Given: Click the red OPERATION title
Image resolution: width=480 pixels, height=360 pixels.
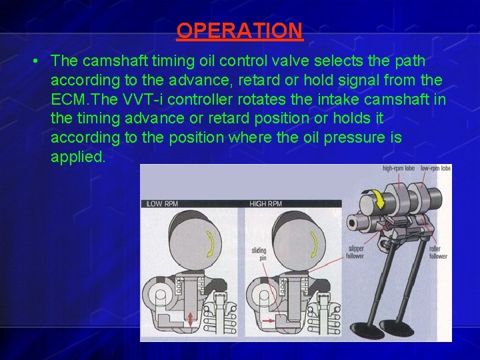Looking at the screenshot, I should click(x=239, y=31).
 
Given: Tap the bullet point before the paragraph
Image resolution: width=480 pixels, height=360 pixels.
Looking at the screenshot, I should click(x=33, y=61).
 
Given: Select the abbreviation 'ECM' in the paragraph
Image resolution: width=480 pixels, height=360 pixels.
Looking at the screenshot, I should click(x=67, y=100).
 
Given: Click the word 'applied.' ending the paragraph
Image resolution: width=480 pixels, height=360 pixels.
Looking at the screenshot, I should click(x=77, y=158).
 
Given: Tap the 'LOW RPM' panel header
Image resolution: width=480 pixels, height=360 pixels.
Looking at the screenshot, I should click(x=162, y=203).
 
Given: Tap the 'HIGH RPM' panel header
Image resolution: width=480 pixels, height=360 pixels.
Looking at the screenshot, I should click(x=265, y=203).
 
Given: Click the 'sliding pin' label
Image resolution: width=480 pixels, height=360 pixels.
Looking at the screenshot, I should click(x=259, y=255).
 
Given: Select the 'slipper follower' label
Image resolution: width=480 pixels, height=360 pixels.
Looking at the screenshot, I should click(x=355, y=252).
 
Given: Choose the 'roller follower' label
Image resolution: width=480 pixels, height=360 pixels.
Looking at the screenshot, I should click(x=438, y=252).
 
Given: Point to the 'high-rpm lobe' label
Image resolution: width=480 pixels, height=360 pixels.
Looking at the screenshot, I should click(x=399, y=169).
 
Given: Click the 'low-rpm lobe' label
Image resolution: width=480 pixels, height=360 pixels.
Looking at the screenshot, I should click(x=436, y=169).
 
